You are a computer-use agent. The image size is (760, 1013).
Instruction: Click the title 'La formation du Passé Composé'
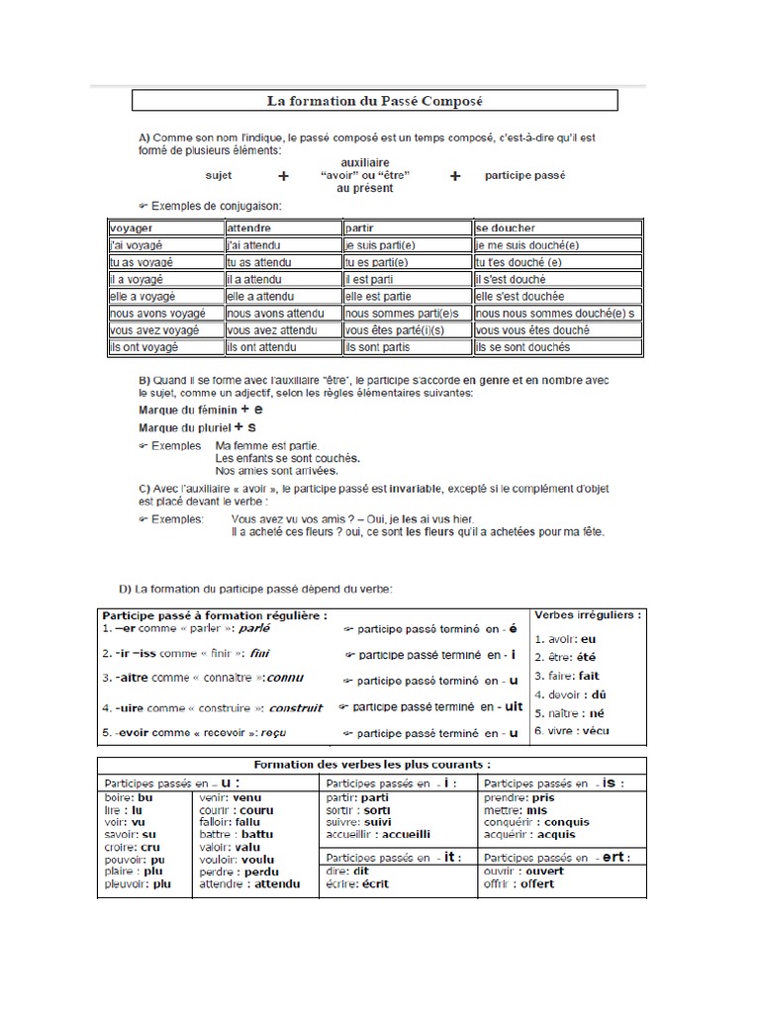tap(374, 100)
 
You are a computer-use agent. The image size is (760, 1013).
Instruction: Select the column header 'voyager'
tap(132, 227)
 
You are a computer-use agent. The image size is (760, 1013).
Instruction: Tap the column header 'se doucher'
tap(504, 227)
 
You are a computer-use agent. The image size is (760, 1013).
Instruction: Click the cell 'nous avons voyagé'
tap(157, 313)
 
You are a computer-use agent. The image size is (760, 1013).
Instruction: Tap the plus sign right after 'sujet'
tap(284, 176)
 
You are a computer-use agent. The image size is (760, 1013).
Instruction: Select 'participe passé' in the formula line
tap(525, 176)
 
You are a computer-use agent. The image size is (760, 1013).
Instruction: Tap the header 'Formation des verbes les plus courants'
tap(372, 765)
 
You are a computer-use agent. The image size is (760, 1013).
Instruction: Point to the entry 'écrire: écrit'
tap(356, 883)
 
